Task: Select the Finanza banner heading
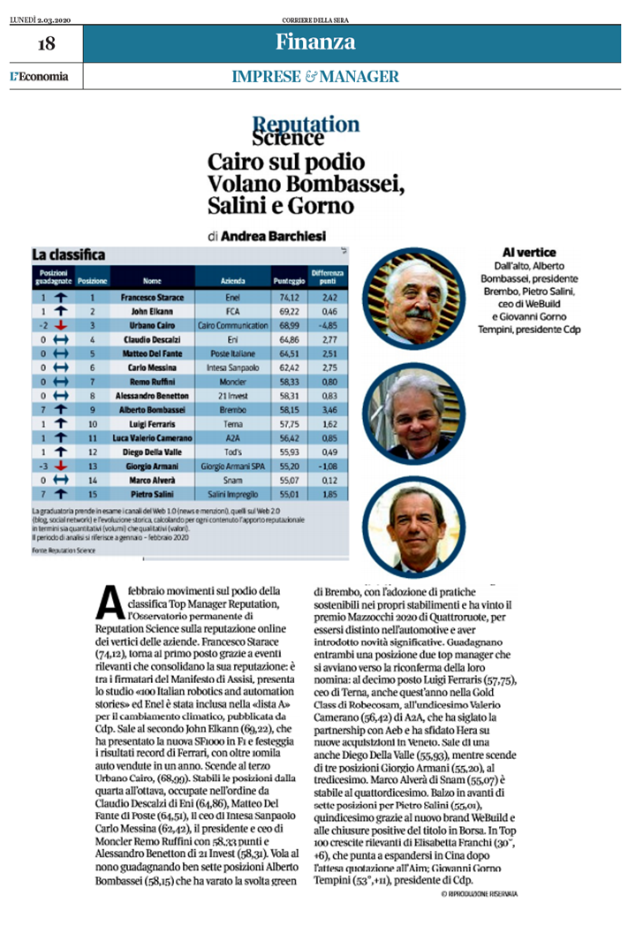pos(315,42)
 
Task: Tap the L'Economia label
pos(39,76)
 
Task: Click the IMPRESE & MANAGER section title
pos(315,77)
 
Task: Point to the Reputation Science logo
pos(306,130)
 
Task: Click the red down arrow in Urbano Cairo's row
pos(57,325)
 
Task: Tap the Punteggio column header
pos(284,280)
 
